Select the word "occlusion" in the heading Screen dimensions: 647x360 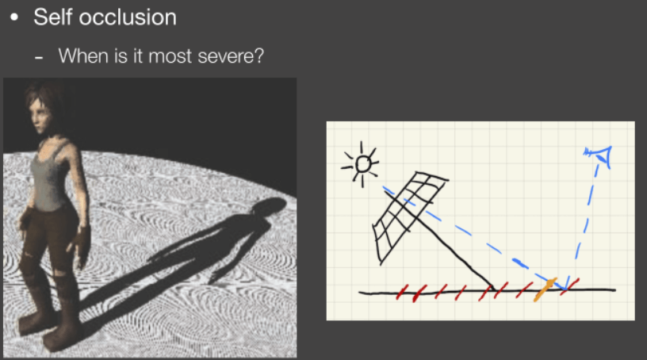[x=128, y=17]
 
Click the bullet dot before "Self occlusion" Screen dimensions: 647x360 [x=14, y=17]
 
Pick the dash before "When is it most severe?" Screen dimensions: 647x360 [x=39, y=59]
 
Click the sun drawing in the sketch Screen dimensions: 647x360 [x=360, y=165]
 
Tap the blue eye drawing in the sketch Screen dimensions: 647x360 [x=599, y=155]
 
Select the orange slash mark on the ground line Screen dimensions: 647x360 [x=545, y=289]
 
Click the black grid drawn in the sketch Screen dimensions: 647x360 [x=410, y=216]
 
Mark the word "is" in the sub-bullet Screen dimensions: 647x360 [x=121, y=56]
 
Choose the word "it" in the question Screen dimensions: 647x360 [x=138, y=56]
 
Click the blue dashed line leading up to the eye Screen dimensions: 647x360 [x=587, y=223]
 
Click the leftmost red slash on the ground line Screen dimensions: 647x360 [x=402, y=292]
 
